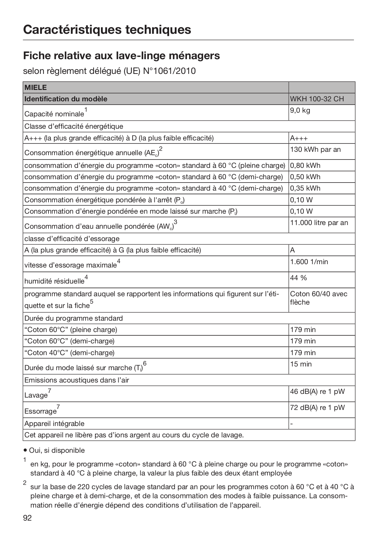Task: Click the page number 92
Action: pos(27,518)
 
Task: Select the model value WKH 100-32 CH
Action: pos(317,99)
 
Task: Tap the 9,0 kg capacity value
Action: pos(300,110)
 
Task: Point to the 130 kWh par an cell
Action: pos(315,149)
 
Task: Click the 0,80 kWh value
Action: pos(305,165)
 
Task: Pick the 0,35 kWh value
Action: pos(305,188)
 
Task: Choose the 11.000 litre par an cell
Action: pos(319,223)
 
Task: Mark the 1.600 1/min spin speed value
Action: pos(309,262)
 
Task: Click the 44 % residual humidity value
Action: pos(298,278)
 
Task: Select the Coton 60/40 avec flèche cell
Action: pos(319,298)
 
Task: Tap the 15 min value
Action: pos(301,364)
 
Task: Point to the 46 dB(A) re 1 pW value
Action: pos(317,392)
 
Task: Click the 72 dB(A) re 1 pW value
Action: pos(317,408)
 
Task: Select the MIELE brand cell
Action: pos(35,88)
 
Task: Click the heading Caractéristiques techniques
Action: pos(107,29)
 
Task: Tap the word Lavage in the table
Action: pos(36,395)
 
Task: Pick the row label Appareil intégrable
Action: pos(54,424)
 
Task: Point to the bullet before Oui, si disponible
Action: pos(25,450)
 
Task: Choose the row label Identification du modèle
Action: pos(66,99)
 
